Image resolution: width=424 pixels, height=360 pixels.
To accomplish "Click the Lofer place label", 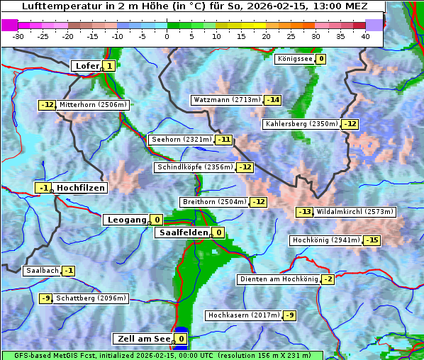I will click(x=87, y=66).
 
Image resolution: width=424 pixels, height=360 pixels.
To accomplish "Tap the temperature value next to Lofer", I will click(x=108, y=66).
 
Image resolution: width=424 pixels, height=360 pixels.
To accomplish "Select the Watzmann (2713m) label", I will click(x=226, y=100).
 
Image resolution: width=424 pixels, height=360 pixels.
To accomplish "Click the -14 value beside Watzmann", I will click(x=272, y=100).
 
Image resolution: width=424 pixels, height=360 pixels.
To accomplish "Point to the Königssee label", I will click(x=295, y=59).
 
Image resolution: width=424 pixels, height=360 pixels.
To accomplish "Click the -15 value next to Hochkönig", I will click(x=372, y=240).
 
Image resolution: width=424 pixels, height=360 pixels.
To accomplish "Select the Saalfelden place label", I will click(x=183, y=232).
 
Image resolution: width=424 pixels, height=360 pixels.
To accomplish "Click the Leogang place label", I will click(x=126, y=220).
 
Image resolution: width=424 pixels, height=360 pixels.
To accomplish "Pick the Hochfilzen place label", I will click(x=81, y=188).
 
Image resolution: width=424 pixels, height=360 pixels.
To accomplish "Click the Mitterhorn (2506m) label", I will click(x=94, y=105).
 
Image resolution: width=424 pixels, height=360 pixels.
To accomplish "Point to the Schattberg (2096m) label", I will click(x=91, y=298).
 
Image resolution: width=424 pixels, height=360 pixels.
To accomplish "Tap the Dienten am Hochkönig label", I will click(x=279, y=279).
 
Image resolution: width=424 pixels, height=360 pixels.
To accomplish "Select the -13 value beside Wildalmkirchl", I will click(x=304, y=212).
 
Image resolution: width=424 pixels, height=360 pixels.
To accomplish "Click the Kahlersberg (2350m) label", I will click(x=301, y=124).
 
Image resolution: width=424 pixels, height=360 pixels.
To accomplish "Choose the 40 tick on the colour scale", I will click(x=365, y=36).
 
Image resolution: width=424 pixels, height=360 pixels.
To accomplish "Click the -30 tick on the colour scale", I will click(x=18, y=36).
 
